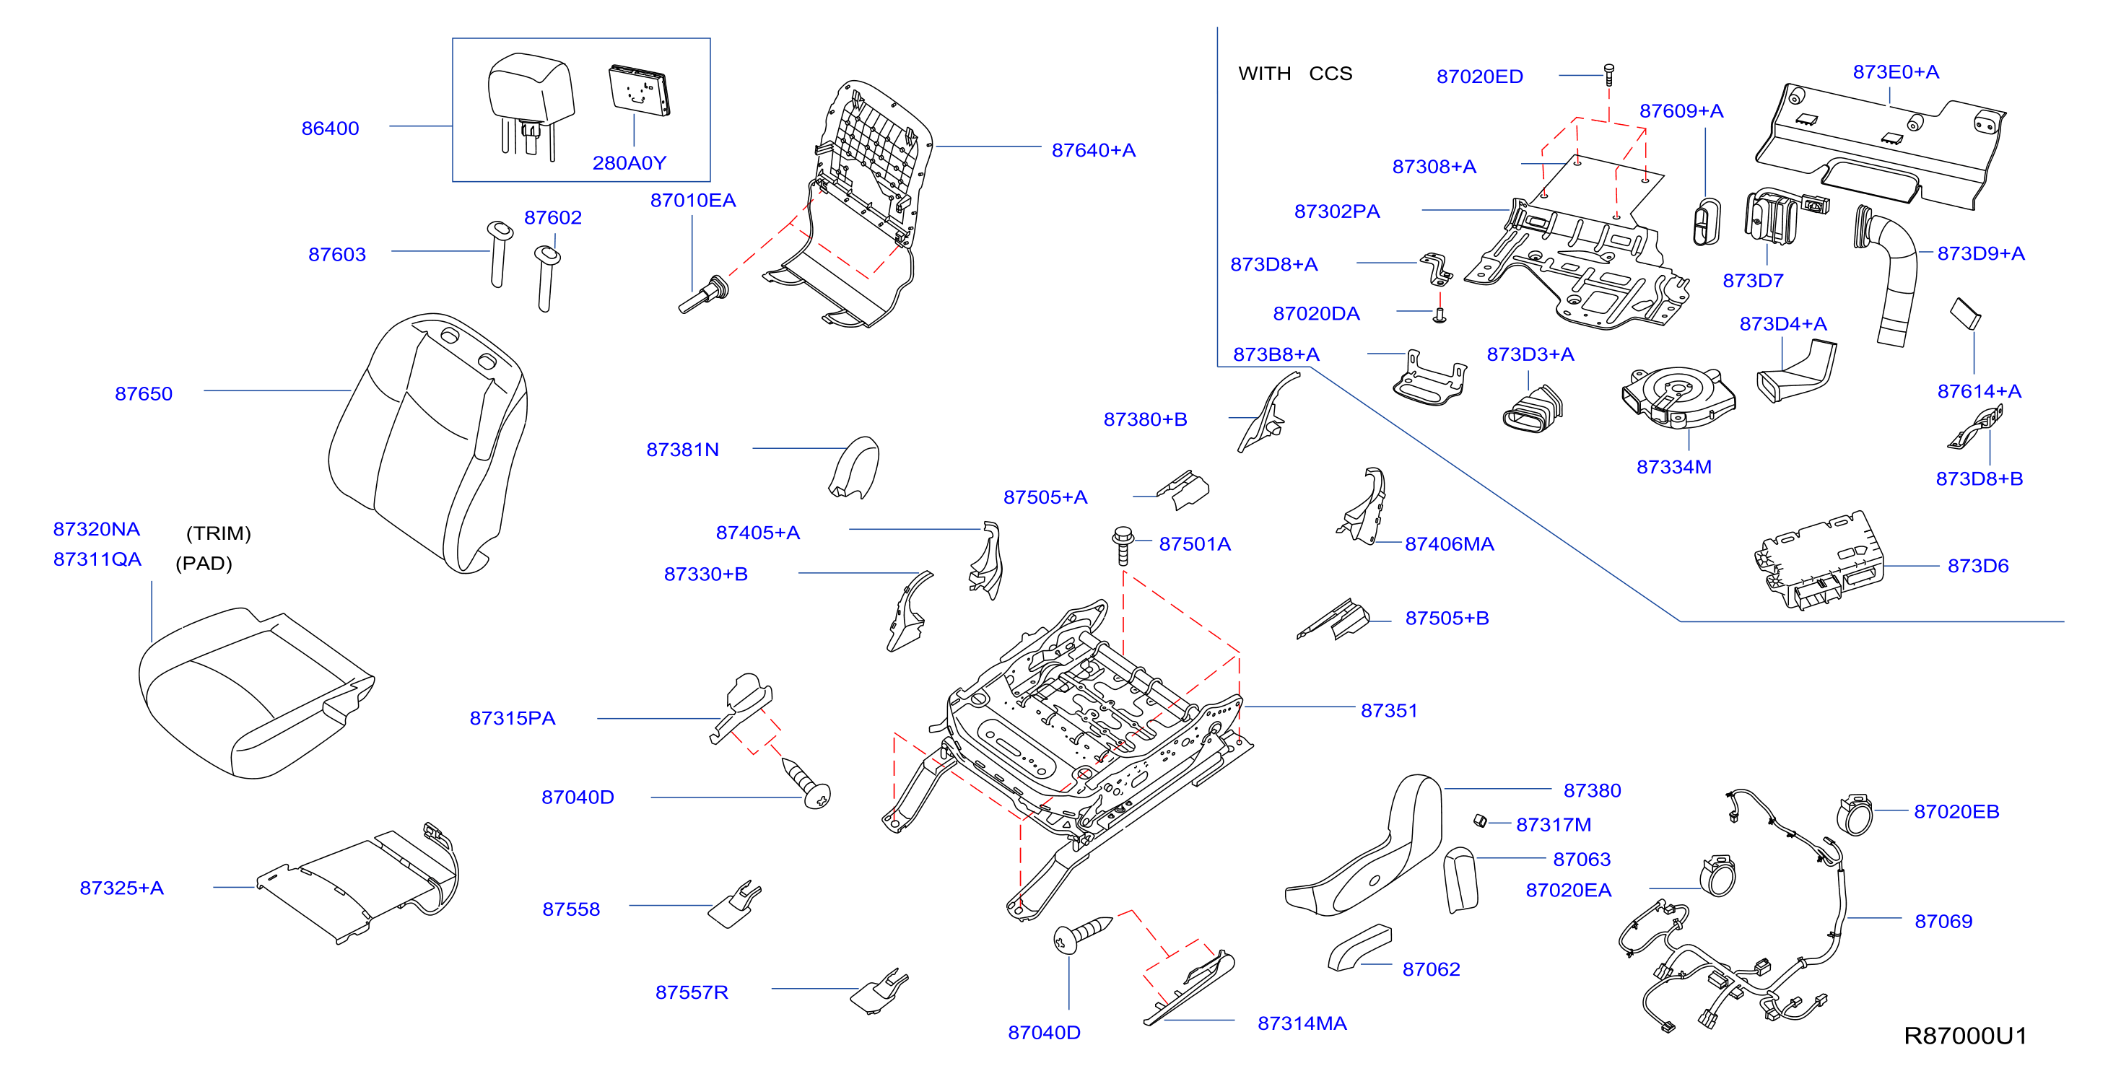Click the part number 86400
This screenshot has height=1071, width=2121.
(330, 128)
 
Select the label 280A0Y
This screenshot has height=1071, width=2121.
(629, 163)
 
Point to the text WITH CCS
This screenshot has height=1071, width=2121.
(1295, 74)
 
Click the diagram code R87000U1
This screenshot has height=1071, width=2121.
(1965, 1036)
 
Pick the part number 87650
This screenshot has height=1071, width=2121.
(144, 393)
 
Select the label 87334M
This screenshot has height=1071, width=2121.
(1674, 467)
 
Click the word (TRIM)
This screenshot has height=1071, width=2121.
(218, 533)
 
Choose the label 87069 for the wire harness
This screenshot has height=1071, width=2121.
(1943, 921)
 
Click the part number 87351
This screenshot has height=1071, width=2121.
(1389, 710)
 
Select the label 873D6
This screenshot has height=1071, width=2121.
(1978, 566)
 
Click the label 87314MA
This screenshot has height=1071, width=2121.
(1302, 1023)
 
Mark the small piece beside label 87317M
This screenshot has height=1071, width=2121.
(1480, 821)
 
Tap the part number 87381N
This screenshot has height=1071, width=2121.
(682, 450)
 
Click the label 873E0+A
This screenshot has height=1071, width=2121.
(1895, 71)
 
